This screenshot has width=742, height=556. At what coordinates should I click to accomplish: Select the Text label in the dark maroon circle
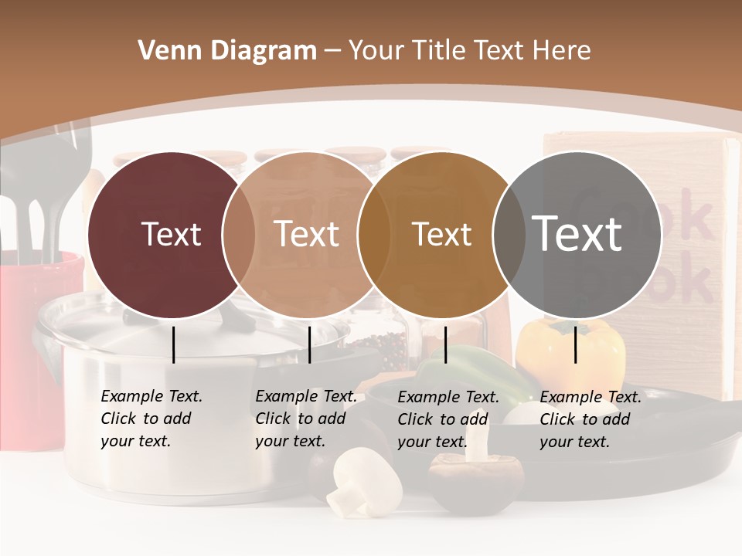tap(171, 234)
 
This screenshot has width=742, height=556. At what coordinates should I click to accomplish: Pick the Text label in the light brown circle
tap(306, 234)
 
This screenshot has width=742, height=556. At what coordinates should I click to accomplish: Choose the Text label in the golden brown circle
tap(441, 234)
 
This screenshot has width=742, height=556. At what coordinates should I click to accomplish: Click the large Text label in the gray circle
tap(577, 234)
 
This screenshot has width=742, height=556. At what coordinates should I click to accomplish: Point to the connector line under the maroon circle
tap(173, 344)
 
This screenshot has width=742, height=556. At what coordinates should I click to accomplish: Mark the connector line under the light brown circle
tap(309, 344)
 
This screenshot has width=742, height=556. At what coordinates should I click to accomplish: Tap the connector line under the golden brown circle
tap(445, 344)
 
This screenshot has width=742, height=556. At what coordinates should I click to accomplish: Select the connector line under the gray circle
tap(576, 344)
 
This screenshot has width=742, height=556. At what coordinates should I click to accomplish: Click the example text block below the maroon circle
tap(151, 419)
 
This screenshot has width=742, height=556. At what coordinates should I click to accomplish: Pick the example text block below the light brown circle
tap(305, 419)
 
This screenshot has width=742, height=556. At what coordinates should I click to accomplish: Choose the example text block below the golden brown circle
tap(448, 419)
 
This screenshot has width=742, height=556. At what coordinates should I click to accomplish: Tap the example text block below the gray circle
tap(590, 419)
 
